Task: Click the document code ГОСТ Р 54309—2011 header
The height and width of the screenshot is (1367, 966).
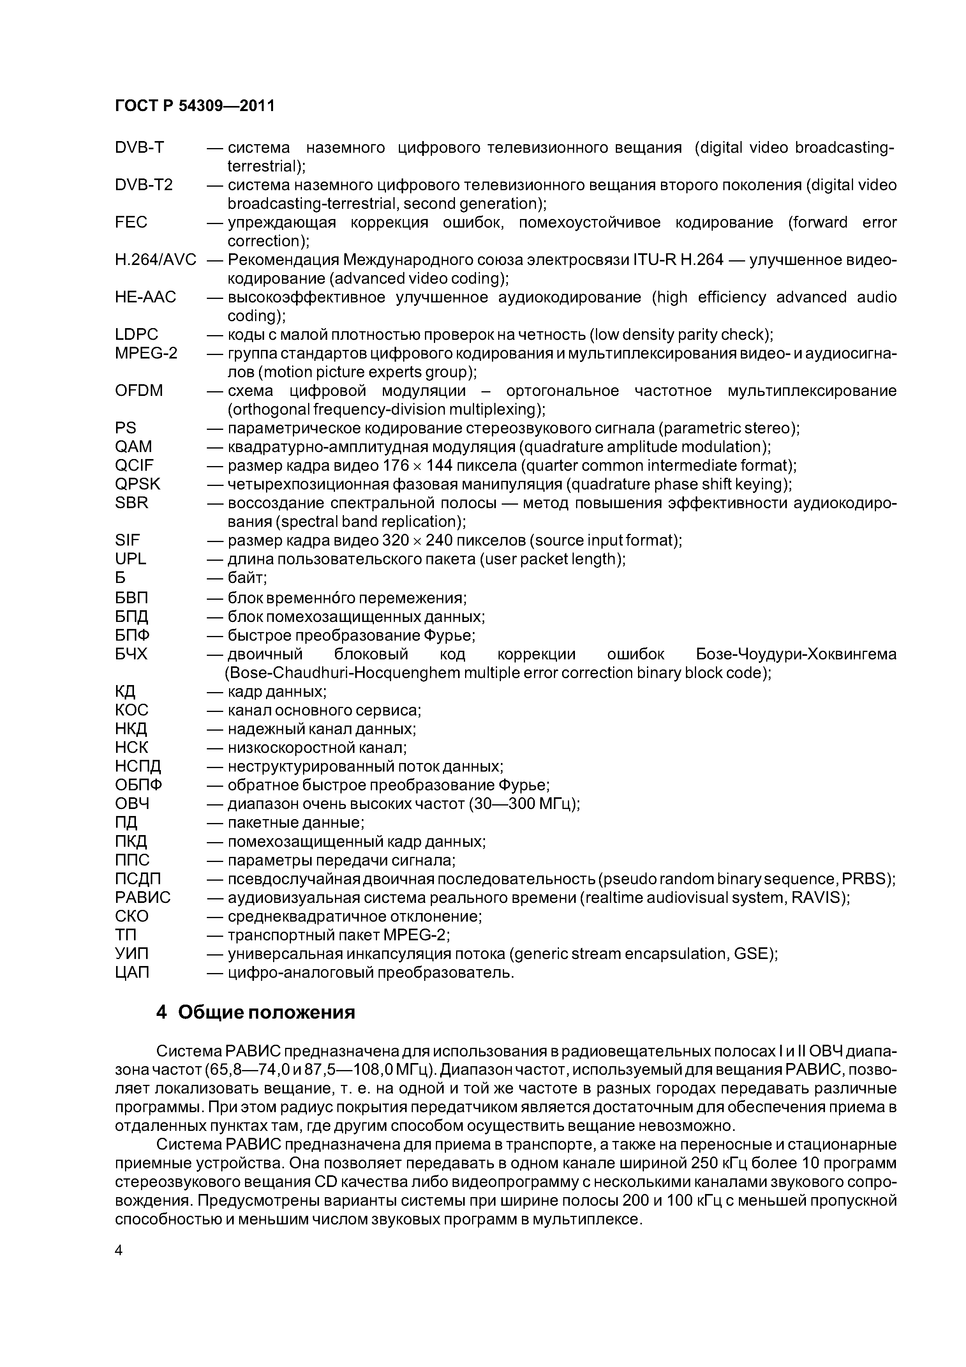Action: point(195,105)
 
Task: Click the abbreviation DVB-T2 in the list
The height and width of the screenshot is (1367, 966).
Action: point(143,185)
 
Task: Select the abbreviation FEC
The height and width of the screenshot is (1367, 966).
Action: point(131,222)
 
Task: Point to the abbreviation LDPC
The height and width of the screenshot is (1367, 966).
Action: point(136,335)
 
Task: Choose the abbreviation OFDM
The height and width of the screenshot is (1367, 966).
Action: point(139,390)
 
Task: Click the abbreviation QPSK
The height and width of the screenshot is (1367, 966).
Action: point(137,484)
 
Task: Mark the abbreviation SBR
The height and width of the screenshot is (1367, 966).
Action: point(132,503)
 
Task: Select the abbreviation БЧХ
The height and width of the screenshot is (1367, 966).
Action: point(131,654)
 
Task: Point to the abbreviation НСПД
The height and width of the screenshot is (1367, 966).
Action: point(138,766)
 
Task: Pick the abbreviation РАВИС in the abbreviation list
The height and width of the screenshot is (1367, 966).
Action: point(143,897)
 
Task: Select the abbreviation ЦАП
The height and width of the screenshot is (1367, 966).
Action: point(132,972)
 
